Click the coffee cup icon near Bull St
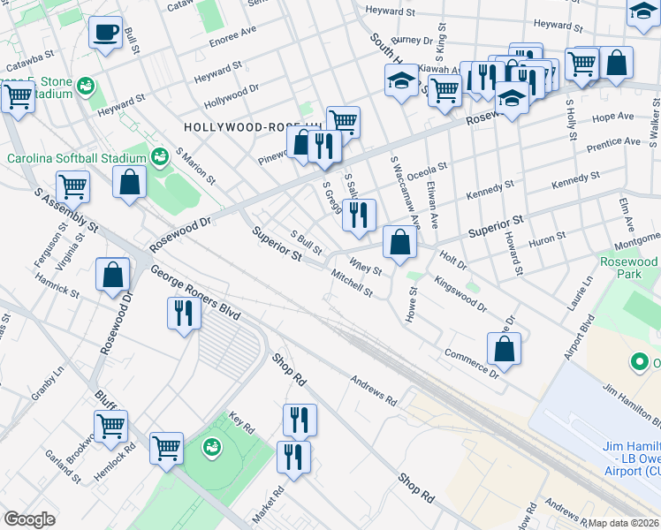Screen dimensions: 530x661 coord(106,34)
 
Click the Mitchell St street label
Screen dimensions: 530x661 coord(353,284)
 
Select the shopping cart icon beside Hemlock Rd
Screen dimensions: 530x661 coord(111,427)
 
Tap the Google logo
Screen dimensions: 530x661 coord(29,519)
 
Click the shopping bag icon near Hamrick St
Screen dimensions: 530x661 coord(113,275)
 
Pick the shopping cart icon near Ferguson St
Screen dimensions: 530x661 coord(72,186)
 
